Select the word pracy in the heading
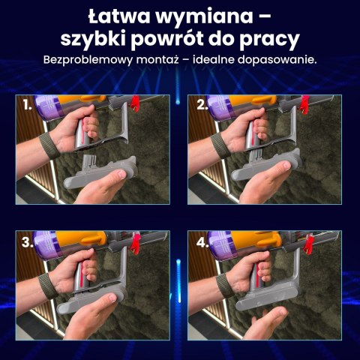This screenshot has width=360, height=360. [x=271, y=38]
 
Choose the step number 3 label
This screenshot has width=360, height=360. [x=28, y=242]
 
